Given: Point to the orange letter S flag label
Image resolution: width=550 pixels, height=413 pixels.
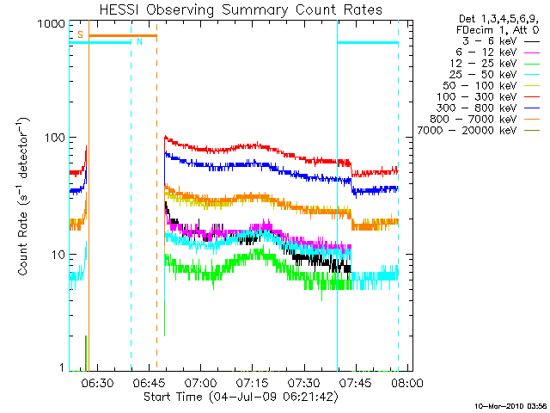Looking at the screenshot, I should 80,34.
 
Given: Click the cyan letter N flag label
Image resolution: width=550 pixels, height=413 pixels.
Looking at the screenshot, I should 139,41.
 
